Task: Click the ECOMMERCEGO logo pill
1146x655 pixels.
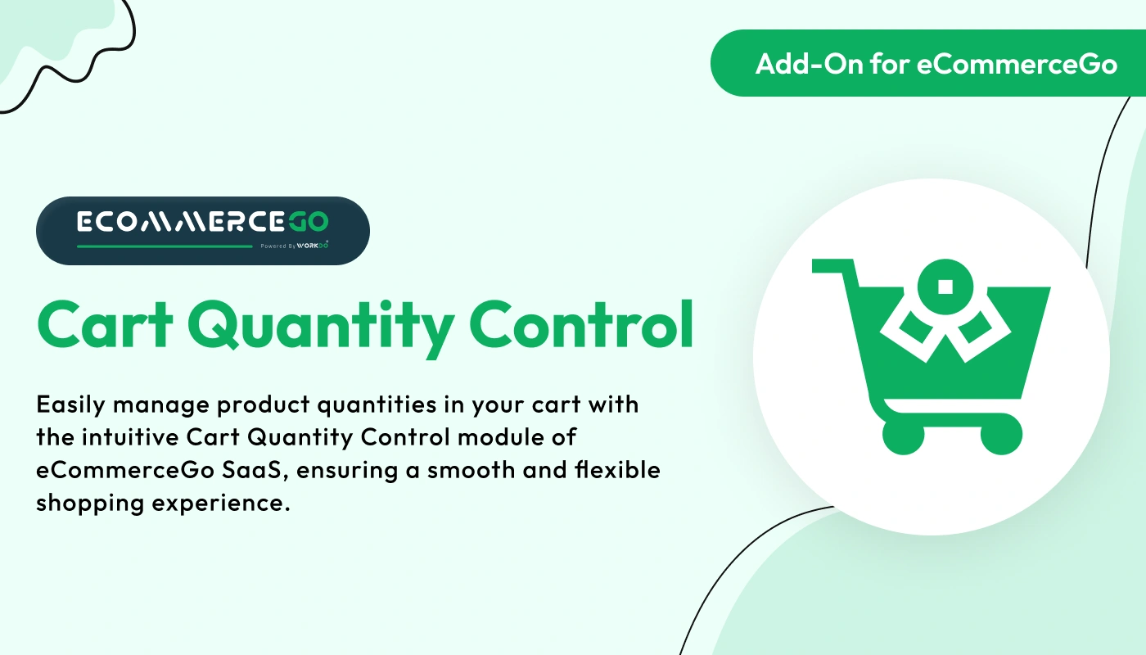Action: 202,231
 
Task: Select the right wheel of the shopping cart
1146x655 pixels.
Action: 1001,433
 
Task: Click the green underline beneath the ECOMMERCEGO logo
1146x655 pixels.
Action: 164,246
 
